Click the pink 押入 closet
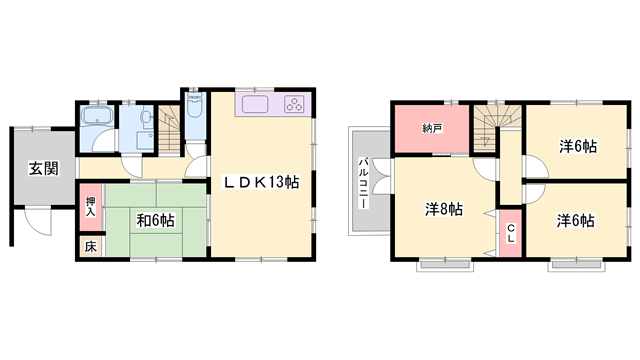[89, 207]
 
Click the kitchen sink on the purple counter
[255, 106]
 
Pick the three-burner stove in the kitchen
[296, 106]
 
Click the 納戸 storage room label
[432, 128]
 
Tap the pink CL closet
[510, 236]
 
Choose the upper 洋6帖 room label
[577, 146]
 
